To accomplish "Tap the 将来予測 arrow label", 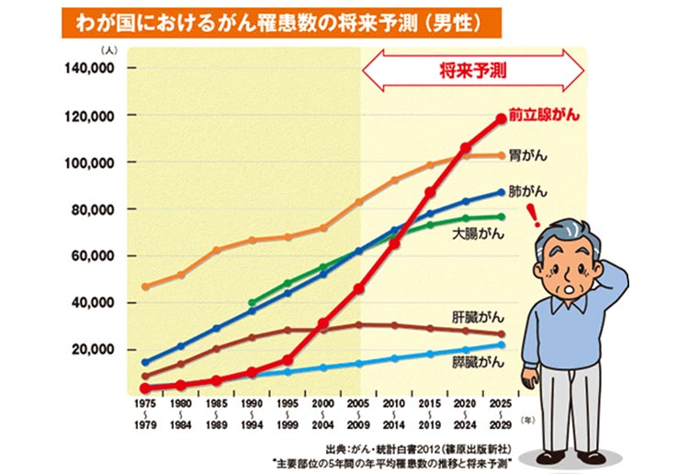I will [x=472, y=69].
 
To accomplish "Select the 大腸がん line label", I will [x=477, y=235].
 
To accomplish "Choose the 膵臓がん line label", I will [x=478, y=363].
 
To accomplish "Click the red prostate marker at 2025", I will [x=501, y=118].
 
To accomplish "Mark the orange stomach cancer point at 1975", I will [x=145, y=287].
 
